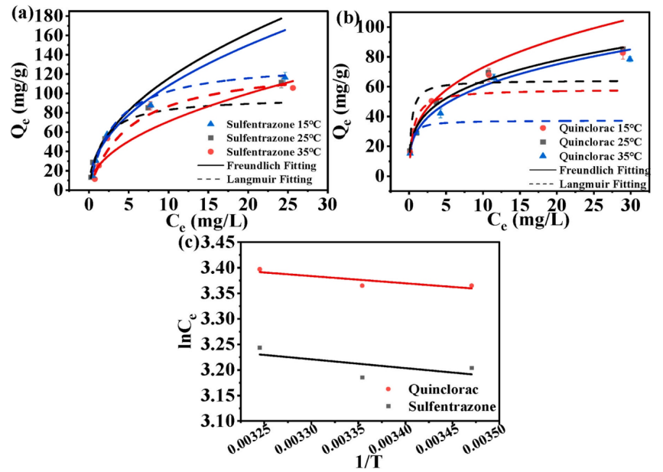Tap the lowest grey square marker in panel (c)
[362, 377]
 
